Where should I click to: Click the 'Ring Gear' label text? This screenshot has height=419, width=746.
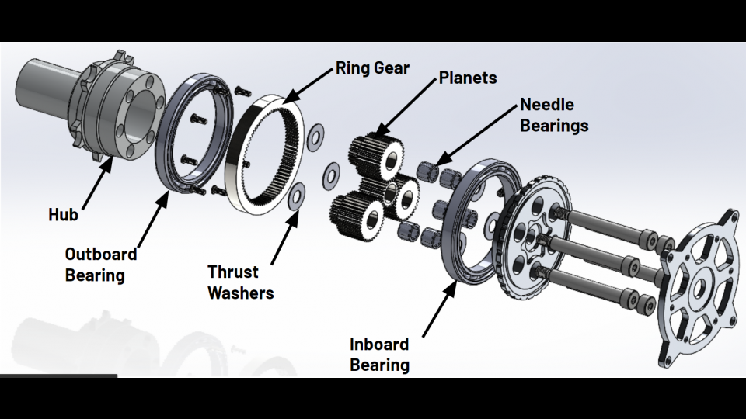tap(372, 68)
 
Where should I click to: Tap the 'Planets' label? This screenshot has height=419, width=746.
tap(468, 78)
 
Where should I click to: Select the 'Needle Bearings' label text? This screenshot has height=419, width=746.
tap(554, 115)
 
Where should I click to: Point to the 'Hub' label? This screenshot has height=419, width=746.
tap(63, 215)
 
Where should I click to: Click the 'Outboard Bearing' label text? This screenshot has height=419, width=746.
tap(101, 265)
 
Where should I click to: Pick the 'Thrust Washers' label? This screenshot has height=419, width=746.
tap(240, 282)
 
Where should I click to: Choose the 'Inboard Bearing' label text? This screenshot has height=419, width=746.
tap(379, 355)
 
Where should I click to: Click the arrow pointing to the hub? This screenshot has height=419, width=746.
tap(98, 183)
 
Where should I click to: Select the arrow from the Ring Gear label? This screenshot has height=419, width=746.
tap(308, 85)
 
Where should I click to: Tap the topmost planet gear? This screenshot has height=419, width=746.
tap(377, 154)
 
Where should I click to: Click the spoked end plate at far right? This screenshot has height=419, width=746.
tap(700, 288)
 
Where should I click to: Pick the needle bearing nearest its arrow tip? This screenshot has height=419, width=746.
tap(427, 171)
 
